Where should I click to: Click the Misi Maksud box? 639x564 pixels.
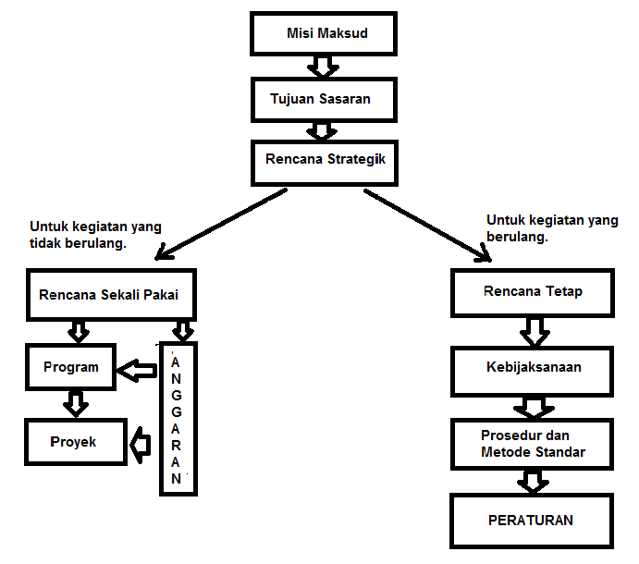click(x=324, y=35)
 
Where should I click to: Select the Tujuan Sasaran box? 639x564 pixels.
click(x=324, y=99)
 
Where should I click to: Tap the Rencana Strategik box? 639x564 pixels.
click(x=324, y=160)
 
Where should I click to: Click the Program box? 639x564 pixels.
click(x=71, y=367)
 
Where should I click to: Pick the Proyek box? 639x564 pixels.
click(x=73, y=442)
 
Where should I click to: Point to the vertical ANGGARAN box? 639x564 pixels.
click(x=178, y=419)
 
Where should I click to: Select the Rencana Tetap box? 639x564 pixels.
click(x=533, y=293)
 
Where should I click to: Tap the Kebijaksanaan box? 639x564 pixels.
click(x=533, y=367)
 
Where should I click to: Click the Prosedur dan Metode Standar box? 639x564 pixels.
click(x=533, y=444)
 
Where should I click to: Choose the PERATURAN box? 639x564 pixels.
click(x=531, y=520)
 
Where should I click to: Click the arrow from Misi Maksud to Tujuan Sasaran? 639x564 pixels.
click(x=324, y=67)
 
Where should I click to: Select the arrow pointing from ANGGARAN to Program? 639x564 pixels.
click(x=138, y=371)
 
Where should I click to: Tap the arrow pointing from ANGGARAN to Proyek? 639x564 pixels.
click(x=141, y=445)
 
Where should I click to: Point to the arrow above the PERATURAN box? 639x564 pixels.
click(x=532, y=481)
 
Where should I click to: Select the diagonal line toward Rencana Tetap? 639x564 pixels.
click(x=425, y=224)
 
